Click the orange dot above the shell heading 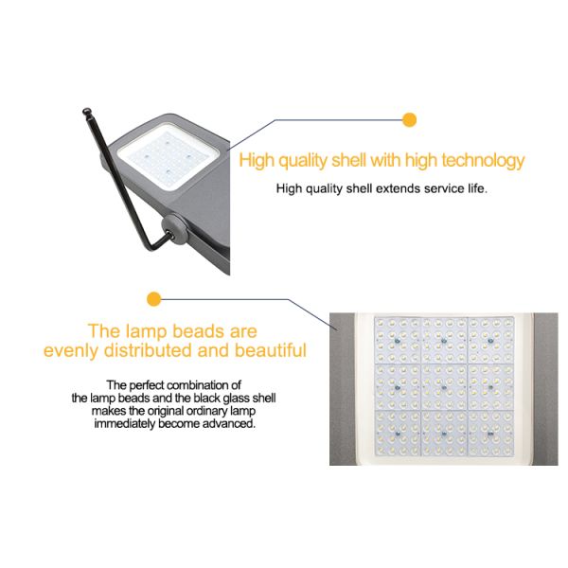pos(409,119)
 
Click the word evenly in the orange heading pos(71,351)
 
